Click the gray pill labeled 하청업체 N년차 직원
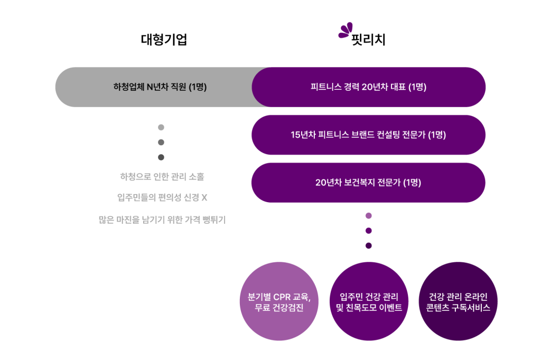pyautogui.click(x=153, y=87)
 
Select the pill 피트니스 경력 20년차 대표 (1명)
pyautogui.click(x=369, y=87)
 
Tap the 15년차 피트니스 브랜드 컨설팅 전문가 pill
pyautogui.click(x=368, y=135)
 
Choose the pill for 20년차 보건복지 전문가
pyautogui.click(x=368, y=183)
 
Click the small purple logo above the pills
pyautogui.click(x=346, y=31)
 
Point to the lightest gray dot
pyautogui.click(x=161, y=127)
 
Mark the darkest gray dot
pyautogui.click(x=161, y=157)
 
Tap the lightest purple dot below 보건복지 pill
pyautogui.click(x=369, y=215)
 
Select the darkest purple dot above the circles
pyautogui.click(x=369, y=245)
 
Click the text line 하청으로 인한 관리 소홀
pyautogui.click(x=162, y=176)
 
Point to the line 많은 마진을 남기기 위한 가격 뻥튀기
pyautogui.click(x=162, y=220)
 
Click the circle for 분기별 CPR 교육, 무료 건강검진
pyautogui.click(x=279, y=301)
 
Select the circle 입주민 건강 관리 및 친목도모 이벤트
pyautogui.click(x=369, y=301)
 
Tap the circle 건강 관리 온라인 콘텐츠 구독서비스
pyautogui.click(x=458, y=301)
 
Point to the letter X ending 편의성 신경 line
pyautogui.click(x=204, y=198)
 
